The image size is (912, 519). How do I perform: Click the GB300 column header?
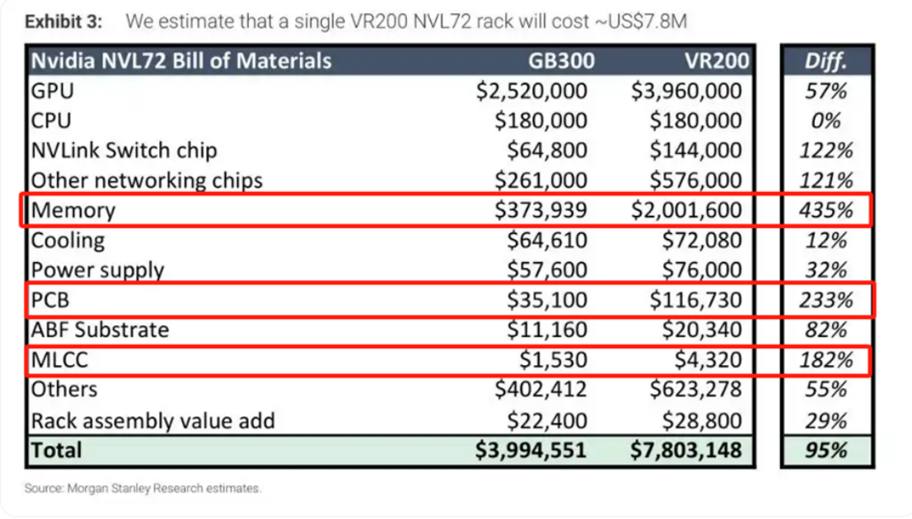561,61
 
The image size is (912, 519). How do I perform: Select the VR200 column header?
717,61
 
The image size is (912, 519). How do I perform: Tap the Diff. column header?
826,61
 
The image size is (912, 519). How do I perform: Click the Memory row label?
73,210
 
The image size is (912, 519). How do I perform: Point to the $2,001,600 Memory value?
686,210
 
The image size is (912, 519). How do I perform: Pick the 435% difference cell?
826,210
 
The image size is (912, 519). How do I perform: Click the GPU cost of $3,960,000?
686,91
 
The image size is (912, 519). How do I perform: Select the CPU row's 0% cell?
826,121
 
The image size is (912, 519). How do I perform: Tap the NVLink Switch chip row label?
124,151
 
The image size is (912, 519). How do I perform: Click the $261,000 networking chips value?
541,180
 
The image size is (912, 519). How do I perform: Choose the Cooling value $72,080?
702,241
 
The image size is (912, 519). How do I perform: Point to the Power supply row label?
98,270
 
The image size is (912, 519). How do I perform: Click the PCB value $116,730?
695,300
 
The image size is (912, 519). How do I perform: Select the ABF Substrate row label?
100,330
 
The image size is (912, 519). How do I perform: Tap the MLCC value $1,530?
553,359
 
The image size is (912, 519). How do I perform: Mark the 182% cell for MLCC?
826,360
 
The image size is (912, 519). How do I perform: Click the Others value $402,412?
541,389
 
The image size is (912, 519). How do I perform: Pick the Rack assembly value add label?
153,421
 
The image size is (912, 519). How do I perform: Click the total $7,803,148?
686,451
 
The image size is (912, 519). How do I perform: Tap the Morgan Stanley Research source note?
143,489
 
